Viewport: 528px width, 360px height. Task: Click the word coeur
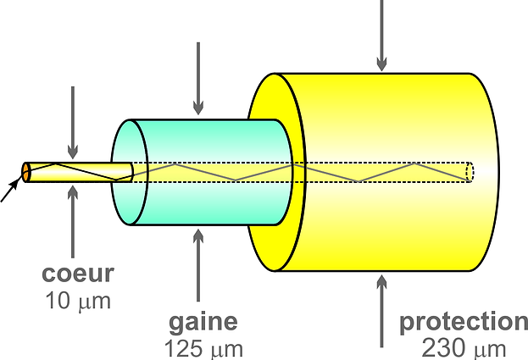point(78,274)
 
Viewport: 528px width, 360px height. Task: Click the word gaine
point(203,322)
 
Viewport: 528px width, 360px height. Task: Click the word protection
point(464,322)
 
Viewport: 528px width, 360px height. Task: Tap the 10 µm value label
point(78,300)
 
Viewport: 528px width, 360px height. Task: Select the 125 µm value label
point(203,347)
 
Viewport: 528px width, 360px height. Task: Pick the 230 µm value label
point(464,347)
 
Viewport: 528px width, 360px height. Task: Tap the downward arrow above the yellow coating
point(381,34)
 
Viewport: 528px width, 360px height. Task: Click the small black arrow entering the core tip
point(10,191)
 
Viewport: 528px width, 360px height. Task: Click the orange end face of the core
point(26,172)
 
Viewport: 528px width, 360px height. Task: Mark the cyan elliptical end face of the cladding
point(125,172)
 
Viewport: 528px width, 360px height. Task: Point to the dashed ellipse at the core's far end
point(470,171)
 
